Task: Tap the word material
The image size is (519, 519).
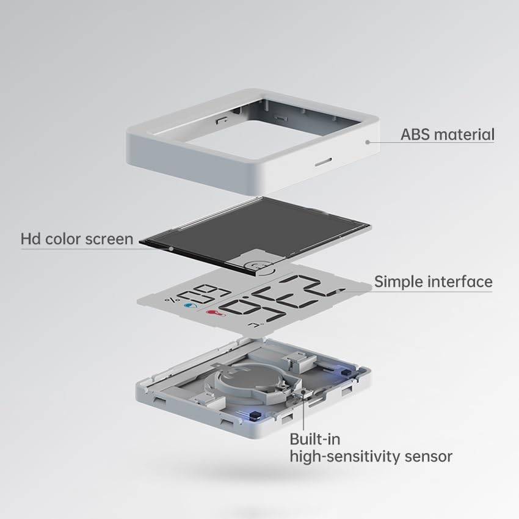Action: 466,134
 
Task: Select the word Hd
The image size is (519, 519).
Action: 31,238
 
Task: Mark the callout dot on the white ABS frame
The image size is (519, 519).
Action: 368,142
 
